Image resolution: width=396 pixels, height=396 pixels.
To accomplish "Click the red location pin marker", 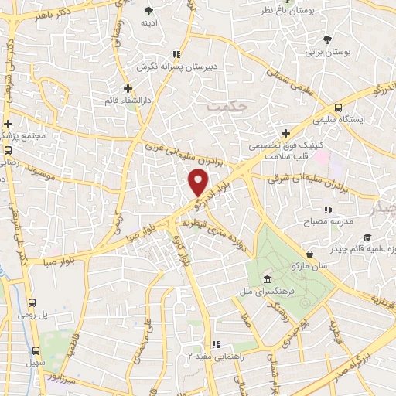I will (x=199, y=183).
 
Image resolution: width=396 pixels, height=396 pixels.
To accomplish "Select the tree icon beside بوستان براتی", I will (x=328, y=39).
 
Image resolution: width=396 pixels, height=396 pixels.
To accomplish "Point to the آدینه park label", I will (x=149, y=23).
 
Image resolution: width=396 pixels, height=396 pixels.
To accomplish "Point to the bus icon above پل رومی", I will (x=32, y=303).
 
